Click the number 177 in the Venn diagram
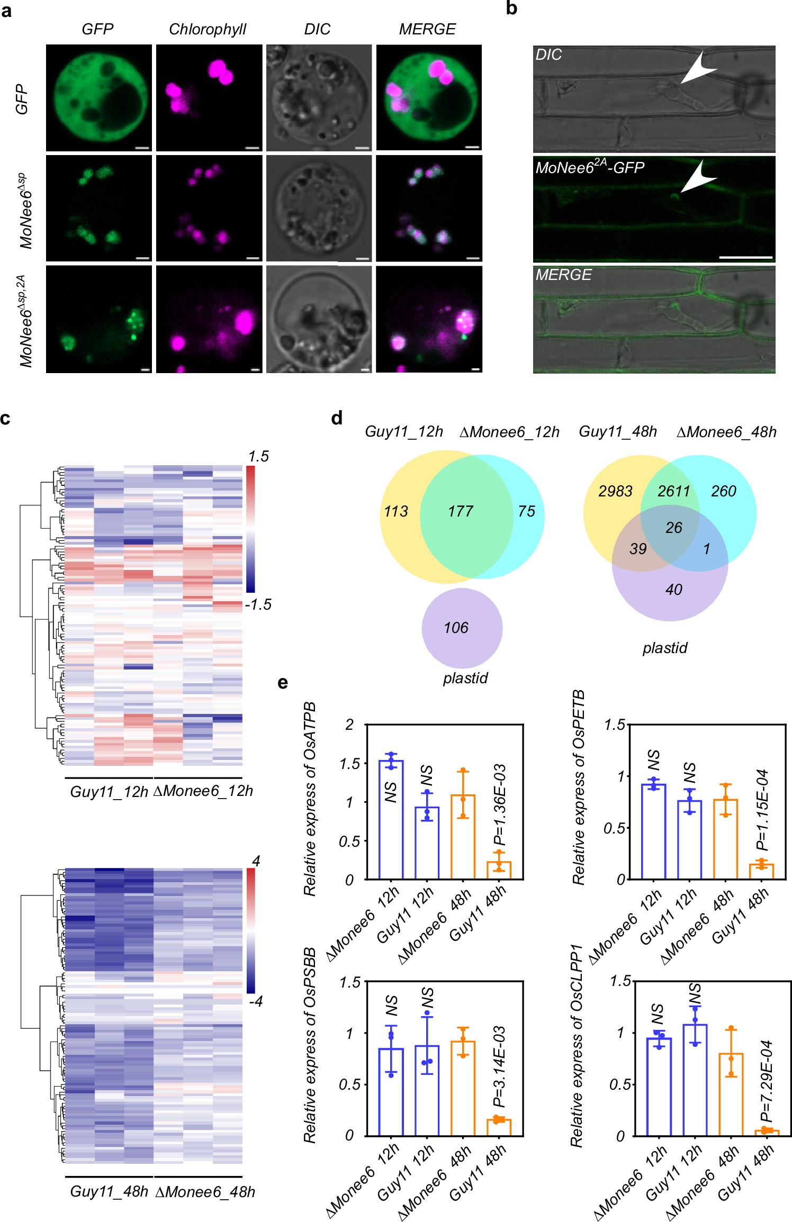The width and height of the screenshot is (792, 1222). (x=460, y=511)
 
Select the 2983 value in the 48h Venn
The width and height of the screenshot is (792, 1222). (x=615, y=491)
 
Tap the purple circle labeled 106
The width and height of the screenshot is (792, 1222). (x=462, y=628)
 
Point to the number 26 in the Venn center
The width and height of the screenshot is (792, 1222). (x=673, y=528)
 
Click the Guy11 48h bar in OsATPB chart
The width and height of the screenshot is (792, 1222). (x=499, y=870)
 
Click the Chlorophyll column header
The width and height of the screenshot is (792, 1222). (x=208, y=30)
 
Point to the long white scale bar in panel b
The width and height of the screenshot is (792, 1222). (x=745, y=257)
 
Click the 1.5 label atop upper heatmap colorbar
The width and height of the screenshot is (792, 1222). (x=258, y=456)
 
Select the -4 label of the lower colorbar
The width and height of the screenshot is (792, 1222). (x=256, y=1001)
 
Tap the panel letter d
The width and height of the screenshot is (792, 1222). (x=337, y=419)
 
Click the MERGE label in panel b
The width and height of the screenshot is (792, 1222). (x=563, y=275)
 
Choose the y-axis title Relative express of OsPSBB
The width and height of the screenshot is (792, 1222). (x=310, y=1046)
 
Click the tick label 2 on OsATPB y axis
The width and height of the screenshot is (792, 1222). (x=349, y=725)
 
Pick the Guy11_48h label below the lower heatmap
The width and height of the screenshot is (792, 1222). (x=109, y=1191)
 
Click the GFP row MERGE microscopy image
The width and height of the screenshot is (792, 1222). (x=429, y=98)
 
